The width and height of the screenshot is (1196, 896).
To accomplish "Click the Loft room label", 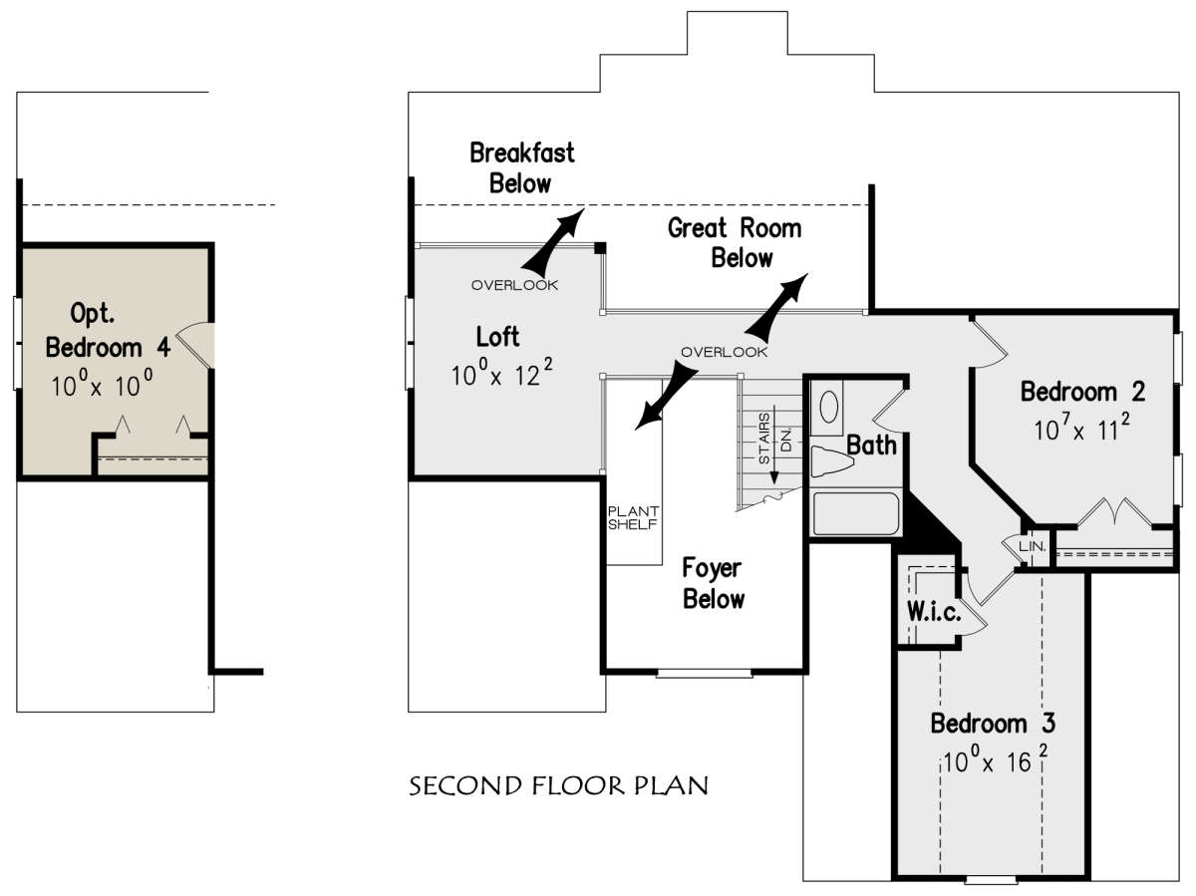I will tap(497, 336).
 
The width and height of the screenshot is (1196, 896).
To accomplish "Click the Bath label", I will tap(871, 445).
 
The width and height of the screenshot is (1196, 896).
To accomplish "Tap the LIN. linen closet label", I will tap(1031, 547).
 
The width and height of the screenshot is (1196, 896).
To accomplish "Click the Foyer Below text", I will tap(713, 583).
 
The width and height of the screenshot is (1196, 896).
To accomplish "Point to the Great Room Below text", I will tap(735, 243).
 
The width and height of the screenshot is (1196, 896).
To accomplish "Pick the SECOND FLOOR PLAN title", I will tap(559, 786).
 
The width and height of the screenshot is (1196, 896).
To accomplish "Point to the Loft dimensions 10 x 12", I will tap(500, 375).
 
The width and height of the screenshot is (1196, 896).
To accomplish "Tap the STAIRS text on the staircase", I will tap(765, 439).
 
